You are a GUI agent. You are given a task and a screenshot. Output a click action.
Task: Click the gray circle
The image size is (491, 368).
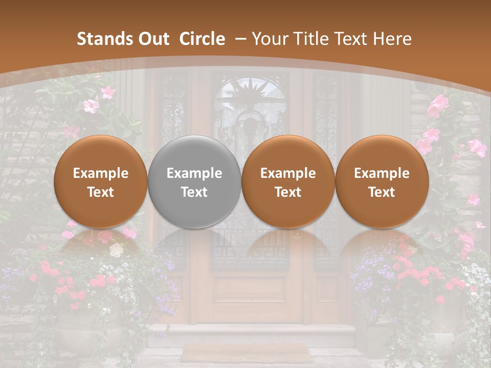(x=194, y=181)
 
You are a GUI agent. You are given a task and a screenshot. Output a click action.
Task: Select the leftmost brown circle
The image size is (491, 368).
(x=101, y=181)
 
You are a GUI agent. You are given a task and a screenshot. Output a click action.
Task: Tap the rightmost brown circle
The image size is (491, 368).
(x=382, y=181)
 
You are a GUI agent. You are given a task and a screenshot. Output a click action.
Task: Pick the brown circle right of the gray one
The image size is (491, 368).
(x=288, y=181)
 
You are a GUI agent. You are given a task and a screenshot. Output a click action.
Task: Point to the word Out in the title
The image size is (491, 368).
(x=150, y=39)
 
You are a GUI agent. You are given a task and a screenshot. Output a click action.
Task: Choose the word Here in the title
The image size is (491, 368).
(x=392, y=39)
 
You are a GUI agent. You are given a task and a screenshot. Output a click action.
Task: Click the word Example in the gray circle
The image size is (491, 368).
(x=194, y=173)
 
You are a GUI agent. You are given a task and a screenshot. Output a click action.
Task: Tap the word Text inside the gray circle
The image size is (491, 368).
(x=194, y=192)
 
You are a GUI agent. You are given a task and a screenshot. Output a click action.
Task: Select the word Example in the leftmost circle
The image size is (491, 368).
(x=101, y=173)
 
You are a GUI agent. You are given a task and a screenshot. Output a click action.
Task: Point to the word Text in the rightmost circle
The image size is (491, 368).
(x=382, y=192)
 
